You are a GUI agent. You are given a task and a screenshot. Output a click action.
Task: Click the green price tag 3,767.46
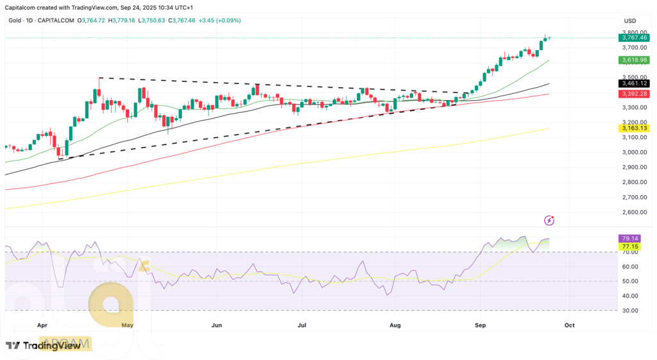point(633,38)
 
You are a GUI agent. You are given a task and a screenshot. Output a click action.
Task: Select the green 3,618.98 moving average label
point(633,60)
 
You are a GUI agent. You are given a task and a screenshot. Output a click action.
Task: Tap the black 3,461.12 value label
point(633,83)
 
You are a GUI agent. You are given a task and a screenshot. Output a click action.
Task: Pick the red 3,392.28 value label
point(633,94)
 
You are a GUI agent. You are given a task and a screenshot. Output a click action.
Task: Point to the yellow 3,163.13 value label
point(633,128)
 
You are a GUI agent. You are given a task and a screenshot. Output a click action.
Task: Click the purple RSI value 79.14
point(629,238)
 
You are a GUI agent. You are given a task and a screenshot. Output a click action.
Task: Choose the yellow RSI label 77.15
point(629,246)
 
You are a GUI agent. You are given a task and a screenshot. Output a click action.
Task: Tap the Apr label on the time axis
point(42,325)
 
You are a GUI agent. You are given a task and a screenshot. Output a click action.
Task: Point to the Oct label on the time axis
point(569,325)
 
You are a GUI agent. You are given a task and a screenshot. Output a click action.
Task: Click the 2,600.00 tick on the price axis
point(633,212)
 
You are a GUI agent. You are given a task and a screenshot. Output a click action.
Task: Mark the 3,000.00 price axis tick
point(633,152)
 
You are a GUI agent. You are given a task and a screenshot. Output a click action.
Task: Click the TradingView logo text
point(52,346)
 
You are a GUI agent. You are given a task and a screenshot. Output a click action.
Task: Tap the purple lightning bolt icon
point(549,220)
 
